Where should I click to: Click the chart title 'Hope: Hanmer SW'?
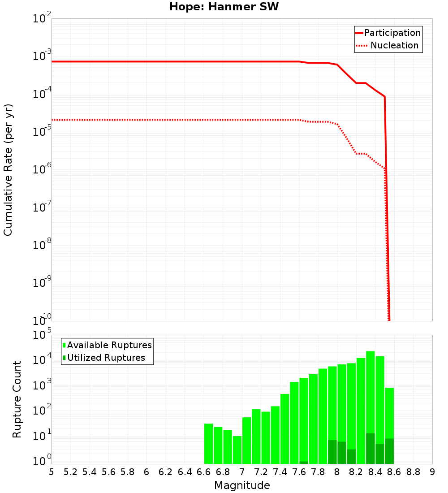224,7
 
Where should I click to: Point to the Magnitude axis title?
242,485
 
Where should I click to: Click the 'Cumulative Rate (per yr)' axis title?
8,170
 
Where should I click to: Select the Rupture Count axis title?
17,399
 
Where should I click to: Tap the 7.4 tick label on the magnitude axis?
280,472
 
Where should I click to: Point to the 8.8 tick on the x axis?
413,472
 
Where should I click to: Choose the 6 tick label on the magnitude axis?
146,472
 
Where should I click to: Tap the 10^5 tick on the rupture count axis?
43,335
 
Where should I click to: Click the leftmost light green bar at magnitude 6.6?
208,444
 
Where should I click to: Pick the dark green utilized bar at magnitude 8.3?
370,448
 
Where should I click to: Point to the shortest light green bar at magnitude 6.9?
237,450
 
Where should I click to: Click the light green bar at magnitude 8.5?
389,412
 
